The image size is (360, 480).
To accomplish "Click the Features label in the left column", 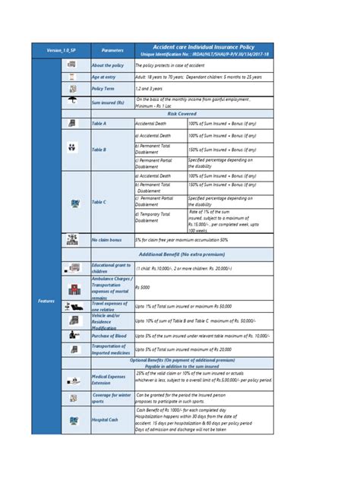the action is tap(46, 301).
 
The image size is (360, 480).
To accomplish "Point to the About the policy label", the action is tap(107, 66).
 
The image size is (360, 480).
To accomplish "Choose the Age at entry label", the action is tap(104, 77).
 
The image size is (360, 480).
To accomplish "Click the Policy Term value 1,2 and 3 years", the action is tap(150, 89).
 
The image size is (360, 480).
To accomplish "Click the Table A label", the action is tap(99, 123).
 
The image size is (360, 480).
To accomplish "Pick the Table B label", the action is tap(99, 150).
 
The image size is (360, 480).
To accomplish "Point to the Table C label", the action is tap(99, 202).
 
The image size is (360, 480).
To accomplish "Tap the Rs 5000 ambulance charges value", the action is tap(142, 287).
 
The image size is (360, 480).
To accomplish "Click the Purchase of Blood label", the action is tap(108, 334).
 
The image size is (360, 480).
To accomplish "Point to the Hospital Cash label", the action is tap(105, 419).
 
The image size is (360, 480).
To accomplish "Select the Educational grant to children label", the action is tap(110, 267).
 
